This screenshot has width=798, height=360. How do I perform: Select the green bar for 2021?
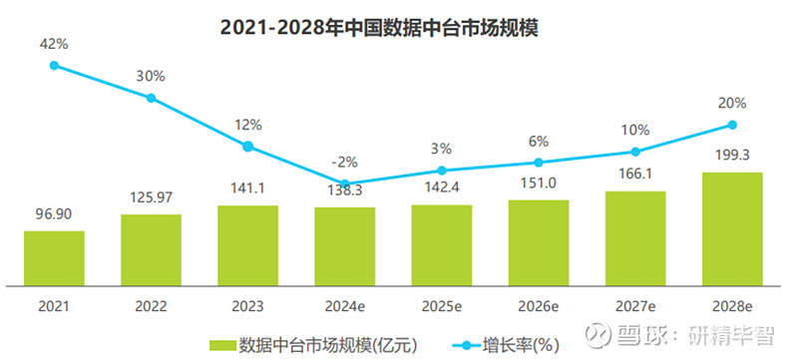pos(54,253)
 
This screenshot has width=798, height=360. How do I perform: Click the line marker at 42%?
pos(54,66)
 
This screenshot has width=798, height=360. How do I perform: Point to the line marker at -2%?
pos(344,183)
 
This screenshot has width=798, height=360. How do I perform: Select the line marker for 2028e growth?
pos(732,125)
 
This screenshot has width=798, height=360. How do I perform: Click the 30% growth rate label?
pos(151,74)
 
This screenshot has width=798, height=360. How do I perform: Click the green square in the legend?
pos(224,345)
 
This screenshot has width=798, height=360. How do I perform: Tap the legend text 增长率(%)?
pos(522,345)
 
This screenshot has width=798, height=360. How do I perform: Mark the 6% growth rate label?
pos(539,141)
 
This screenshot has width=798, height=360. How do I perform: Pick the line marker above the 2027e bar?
pos(635,152)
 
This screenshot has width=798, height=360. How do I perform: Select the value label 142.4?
pos(442,185)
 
